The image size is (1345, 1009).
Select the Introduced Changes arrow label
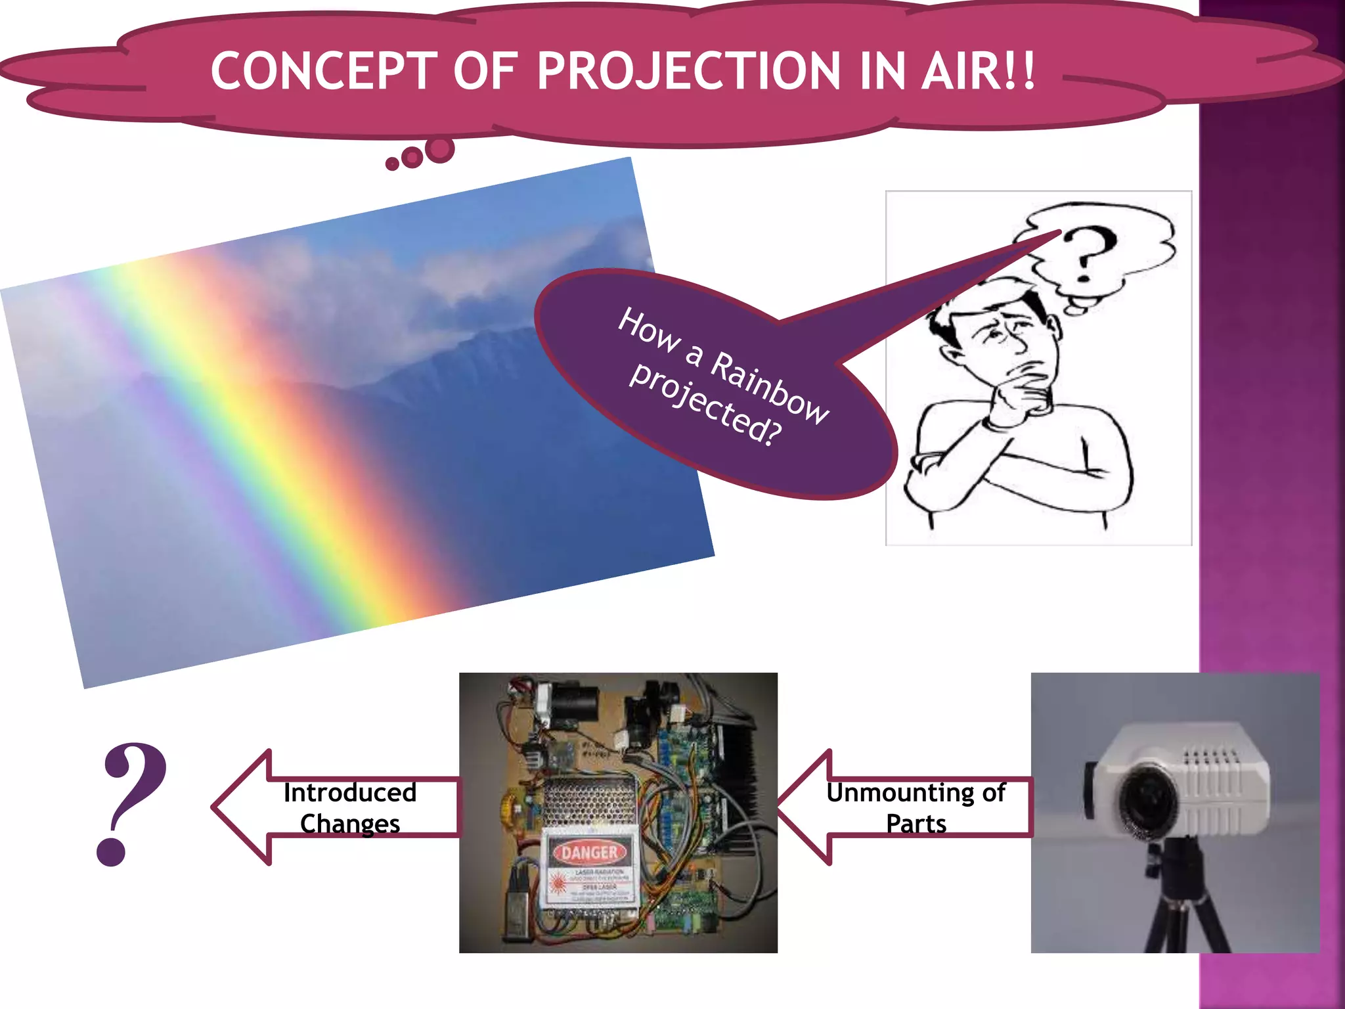point(350,807)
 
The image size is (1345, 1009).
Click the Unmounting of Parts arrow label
point(915,807)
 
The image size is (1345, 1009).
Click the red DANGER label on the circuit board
point(589,853)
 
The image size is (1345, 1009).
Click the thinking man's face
point(1005,342)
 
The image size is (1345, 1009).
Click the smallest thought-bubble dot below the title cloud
point(392,164)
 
